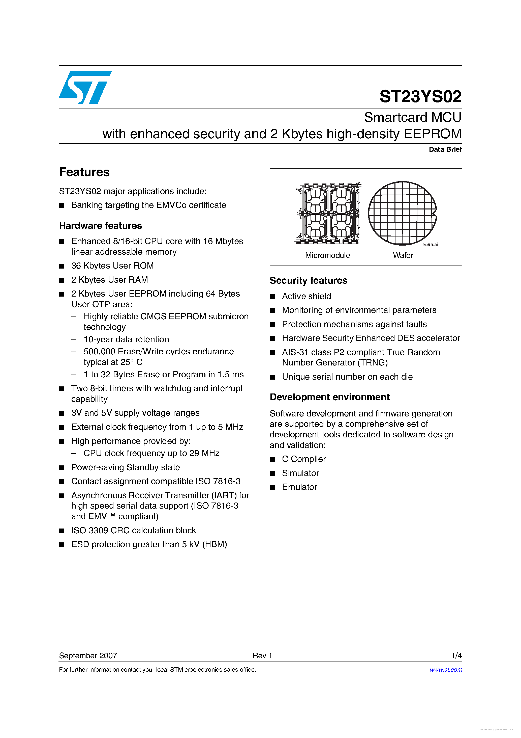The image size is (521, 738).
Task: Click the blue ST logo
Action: tap(85, 87)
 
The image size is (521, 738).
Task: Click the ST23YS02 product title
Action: tap(420, 96)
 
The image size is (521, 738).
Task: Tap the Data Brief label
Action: tap(445, 149)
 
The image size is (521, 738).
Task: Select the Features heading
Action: tap(84, 172)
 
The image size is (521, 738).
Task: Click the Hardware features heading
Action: tap(101, 226)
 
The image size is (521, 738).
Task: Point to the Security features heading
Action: tap(308, 281)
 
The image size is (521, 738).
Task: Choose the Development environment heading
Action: tap(329, 397)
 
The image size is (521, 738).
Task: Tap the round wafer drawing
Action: tap(402, 213)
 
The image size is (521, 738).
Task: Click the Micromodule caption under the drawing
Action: tap(327, 255)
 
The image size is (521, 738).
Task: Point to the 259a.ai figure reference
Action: tap(430, 245)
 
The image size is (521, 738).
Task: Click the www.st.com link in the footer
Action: tap(446, 670)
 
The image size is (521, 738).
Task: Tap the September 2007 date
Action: tap(88, 655)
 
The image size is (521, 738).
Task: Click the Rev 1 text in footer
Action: tap(262, 655)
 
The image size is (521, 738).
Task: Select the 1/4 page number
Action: tap(456, 655)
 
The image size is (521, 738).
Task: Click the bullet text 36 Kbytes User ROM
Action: tap(112, 266)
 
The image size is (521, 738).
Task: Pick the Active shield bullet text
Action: tap(306, 296)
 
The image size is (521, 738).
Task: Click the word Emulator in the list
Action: tap(299, 487)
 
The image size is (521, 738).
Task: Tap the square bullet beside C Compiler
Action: tap(272, 460)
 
